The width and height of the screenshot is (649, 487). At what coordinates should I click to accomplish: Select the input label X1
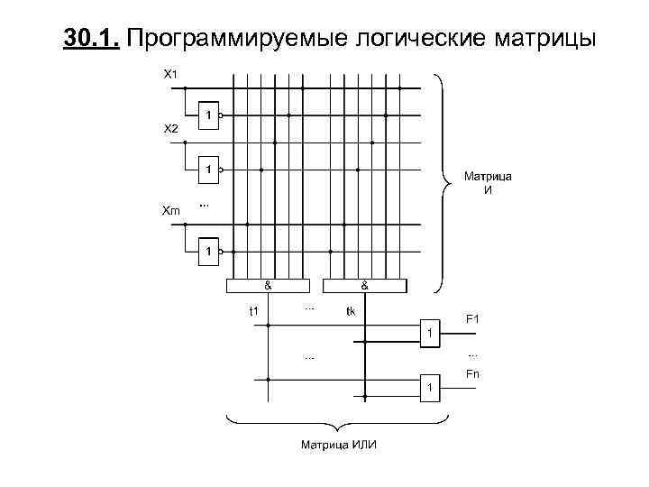point(169,73)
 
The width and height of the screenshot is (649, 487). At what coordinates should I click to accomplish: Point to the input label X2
point(170,129)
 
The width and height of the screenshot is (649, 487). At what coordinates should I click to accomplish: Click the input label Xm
point(170,210)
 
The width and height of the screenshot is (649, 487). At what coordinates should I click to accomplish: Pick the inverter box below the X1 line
point(208,115)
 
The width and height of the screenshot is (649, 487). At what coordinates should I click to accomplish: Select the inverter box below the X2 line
point(208,170)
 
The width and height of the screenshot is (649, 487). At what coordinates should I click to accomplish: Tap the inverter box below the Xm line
point(208,251)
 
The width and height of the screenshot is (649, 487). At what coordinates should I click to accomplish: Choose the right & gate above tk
point(364,286)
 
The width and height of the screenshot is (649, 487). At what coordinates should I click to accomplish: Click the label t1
point(254,311)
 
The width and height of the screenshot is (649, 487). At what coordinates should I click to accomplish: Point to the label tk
point(351,311)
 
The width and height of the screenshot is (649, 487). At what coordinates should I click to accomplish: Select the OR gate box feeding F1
point(430,333)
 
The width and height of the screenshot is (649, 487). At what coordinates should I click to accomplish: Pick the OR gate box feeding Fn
point(430,387)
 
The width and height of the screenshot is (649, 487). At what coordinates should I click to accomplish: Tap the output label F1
point(471,318)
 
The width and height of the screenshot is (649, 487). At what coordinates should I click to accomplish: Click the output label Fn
point(471,374)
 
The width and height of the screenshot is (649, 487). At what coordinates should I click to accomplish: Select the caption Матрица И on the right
point(488,183)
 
